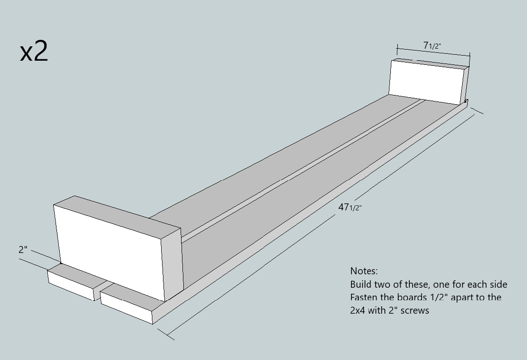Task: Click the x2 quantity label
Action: pyautogui.click(x=34, y=52)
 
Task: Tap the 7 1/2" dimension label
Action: pyautogui.click(x=432, y=45)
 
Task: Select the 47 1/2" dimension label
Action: pyautogui.click(x=349, y=207)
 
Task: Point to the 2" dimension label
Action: pyautogui.click(x=23, y=249)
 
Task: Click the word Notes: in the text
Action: pyautogui.click(x=364, y=271)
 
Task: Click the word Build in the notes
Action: pyautogui.click(x=360, y=284)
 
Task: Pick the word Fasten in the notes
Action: pyautogui.click(x=364, y=297)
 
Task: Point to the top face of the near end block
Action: pyautogui.click(x=116, y=212)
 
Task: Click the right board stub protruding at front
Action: pyautogui.click(x=127, y=303)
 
